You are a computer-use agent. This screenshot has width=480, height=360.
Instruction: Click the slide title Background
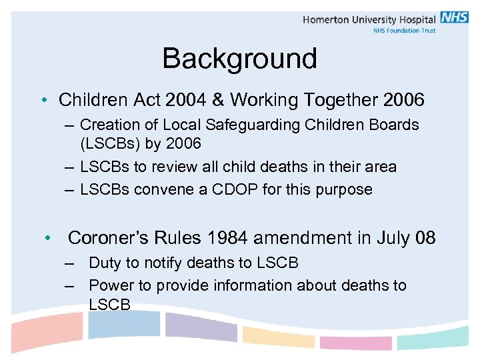tap(239, 59)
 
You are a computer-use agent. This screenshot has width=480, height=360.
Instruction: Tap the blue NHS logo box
tap(454, 18)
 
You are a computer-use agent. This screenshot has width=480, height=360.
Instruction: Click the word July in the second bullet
tap(393, 238)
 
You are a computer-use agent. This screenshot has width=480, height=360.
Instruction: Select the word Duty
tap(107, 263)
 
